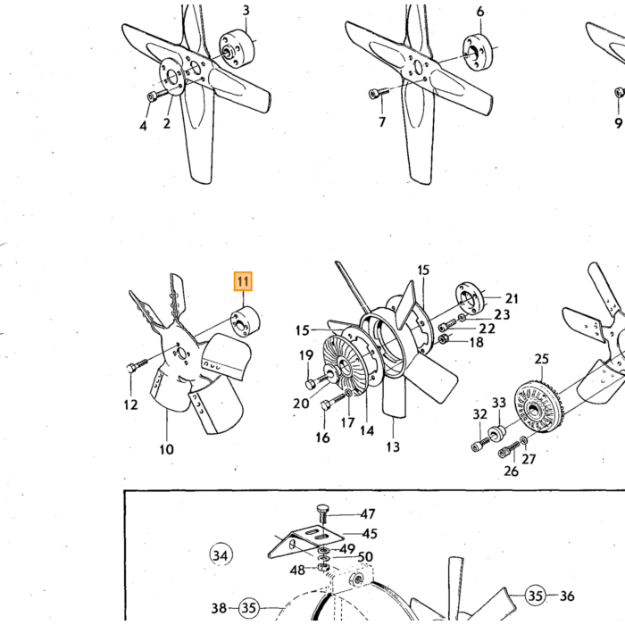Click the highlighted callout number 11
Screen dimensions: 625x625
[243, 281]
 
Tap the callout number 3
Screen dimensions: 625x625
[246, 10]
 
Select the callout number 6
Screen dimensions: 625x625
[480, 12]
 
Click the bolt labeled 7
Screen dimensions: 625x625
[379, 93]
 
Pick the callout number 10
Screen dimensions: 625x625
[167, 449]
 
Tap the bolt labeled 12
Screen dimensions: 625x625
[137, 364]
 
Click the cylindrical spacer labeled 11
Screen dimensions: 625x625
[246, 321]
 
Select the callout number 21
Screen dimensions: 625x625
[512, 298]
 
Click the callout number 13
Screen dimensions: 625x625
[393, 446]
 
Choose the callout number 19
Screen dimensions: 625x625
[306, 354]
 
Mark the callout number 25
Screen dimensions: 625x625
[541, 359]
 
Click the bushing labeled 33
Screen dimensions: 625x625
[497, 433]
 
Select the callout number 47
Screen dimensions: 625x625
[368, 513]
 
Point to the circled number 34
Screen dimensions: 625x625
[221, 554]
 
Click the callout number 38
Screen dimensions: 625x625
[219, 608]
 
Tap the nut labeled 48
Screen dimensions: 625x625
[323, 566]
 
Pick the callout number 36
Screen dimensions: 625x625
[567, 596]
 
